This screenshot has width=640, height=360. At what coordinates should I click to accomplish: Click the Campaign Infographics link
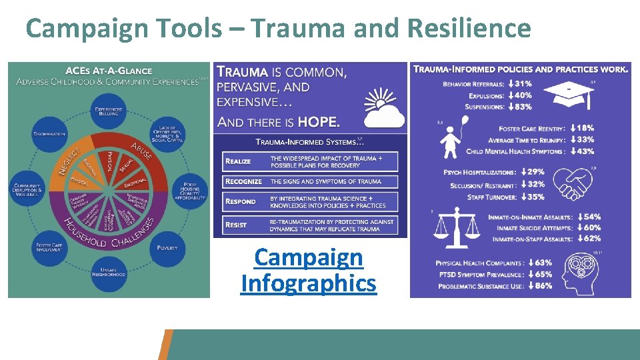(309, 270)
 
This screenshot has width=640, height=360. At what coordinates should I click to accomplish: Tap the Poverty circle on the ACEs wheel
(168, 247)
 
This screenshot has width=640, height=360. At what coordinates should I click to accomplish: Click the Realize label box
(240, 161)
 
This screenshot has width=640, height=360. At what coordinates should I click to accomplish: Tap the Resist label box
(237, 225)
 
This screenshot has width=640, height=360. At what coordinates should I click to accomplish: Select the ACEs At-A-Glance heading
(108, 71)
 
